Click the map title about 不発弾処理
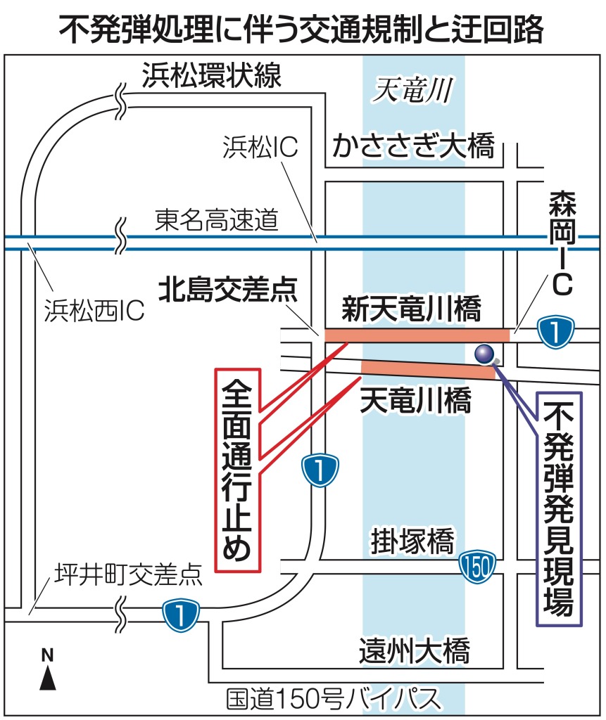[303, 28]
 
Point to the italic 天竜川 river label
[412, 89]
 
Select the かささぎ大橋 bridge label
[414, 147]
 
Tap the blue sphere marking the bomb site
[484, 354]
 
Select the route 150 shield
[479, 565]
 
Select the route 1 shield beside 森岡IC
[557, 331]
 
